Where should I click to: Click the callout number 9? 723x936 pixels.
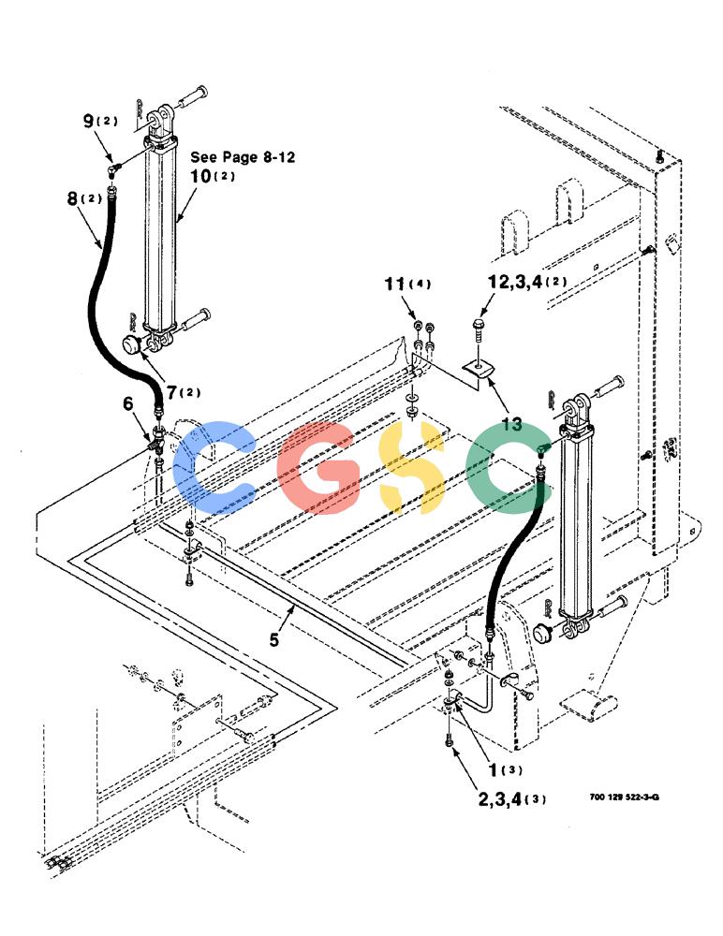88,121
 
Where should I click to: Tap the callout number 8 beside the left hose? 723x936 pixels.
73,198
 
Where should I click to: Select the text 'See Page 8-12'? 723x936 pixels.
243,157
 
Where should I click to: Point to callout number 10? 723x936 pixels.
200,176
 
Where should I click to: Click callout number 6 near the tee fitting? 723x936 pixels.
128,404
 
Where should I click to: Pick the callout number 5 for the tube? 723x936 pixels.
273,640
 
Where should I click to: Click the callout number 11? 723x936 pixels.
394,284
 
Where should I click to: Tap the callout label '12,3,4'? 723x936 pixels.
514,282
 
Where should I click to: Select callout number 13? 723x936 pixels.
511,424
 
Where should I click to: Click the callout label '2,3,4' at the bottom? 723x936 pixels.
500,798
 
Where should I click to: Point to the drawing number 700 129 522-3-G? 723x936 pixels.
624,797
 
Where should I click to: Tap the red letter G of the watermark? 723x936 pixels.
319,467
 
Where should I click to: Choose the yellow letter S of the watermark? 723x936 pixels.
413,467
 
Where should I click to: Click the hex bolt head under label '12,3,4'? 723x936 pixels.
478,326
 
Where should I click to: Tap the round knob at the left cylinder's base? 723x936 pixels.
131,344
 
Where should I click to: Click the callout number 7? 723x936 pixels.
172,393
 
